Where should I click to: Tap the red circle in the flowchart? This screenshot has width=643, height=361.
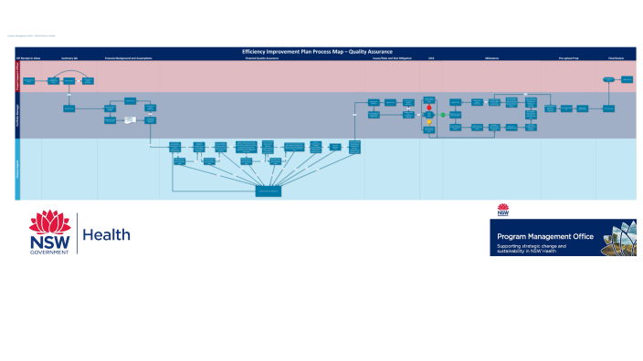429,108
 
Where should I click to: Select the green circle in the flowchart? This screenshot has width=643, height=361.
443,115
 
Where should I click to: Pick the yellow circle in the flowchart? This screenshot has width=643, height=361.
429,121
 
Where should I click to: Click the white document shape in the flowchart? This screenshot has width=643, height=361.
131,120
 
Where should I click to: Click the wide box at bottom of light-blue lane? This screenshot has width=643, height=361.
269,191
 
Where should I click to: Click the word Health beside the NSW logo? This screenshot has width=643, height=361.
107,235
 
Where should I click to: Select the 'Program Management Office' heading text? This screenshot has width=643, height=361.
545,236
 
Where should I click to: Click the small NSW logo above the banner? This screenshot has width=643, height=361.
503,211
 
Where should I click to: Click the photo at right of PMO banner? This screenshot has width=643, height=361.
617,237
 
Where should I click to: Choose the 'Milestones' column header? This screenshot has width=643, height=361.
491,58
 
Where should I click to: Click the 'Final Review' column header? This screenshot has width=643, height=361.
616,58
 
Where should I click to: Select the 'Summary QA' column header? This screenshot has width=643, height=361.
69,58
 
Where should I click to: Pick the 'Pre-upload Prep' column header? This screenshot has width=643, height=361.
567,58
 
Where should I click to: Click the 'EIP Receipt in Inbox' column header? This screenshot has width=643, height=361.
28,58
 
